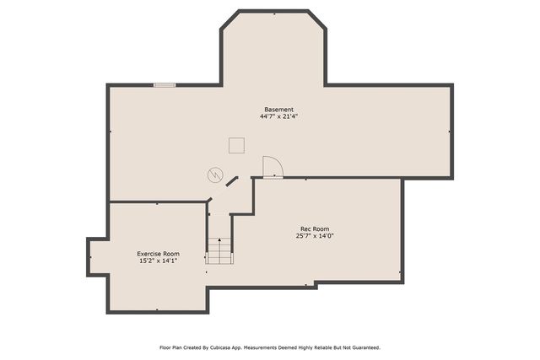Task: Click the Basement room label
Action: coord(278,110)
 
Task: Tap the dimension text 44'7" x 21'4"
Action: coord(278,116)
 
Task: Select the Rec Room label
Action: coord(315,229)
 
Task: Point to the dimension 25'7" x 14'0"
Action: coord(315,236)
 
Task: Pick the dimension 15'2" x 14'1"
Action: coord(159,261)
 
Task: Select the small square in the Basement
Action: coord(236,146)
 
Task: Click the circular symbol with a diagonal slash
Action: coord(214,175)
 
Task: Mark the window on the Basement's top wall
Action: coord(164,84)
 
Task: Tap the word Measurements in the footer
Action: coord(270,347)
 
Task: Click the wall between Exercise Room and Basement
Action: coord(158,202)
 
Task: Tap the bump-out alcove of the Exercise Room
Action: coord(95,256)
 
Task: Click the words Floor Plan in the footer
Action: coord(172,347)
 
